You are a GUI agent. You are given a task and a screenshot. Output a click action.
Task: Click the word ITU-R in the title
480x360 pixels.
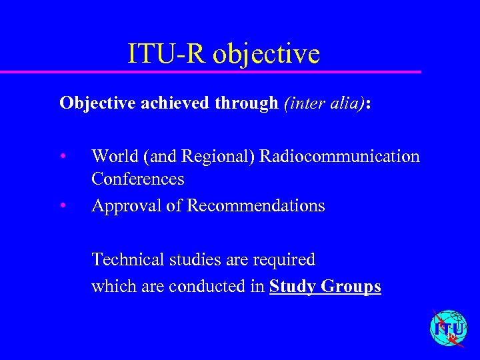tap(167, 53)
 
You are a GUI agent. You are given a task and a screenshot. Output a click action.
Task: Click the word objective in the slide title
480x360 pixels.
tap(267, 55)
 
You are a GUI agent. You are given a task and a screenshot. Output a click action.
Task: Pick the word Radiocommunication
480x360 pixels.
tap(339, 157)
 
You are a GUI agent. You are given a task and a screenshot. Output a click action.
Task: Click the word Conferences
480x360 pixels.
tap(138, 179)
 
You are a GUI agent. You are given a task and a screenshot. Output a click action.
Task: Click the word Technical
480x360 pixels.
tap(123, 259)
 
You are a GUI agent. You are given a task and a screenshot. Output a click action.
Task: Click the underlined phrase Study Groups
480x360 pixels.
tap(325, 287)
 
